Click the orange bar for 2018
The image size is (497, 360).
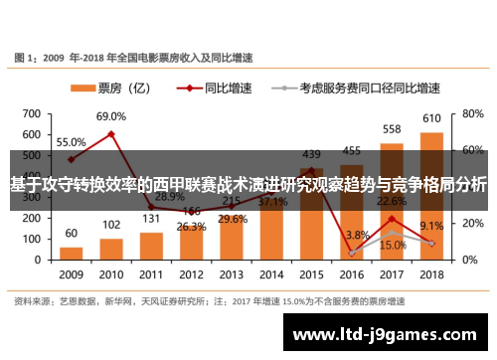click(431, 194)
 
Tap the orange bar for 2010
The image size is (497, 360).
click(111, 248)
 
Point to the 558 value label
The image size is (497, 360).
click(392, 129)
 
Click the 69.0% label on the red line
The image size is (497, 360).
click(111, 117)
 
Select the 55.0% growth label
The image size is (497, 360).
click(71, 142)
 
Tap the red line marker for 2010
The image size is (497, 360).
click(111, 133)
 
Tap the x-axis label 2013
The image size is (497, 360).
click(232, 274)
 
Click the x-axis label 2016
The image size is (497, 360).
click(352, 274)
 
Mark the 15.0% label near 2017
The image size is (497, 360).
click(392, 246)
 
